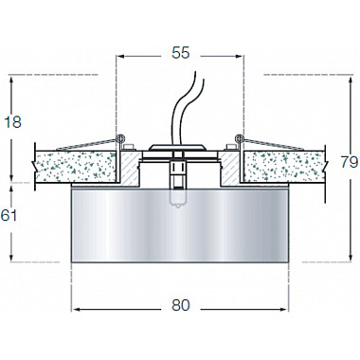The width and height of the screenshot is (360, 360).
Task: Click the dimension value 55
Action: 181,53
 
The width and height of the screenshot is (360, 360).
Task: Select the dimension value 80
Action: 181,305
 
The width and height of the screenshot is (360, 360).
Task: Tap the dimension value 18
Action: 13,122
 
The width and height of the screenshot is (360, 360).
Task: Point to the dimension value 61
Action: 9,215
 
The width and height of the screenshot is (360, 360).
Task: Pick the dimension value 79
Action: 350,162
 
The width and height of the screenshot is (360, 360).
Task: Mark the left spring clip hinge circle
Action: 120,138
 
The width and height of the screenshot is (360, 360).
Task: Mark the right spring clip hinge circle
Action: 240,138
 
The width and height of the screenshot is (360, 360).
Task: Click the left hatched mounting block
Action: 130,168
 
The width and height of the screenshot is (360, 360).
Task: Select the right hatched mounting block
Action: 230,168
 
